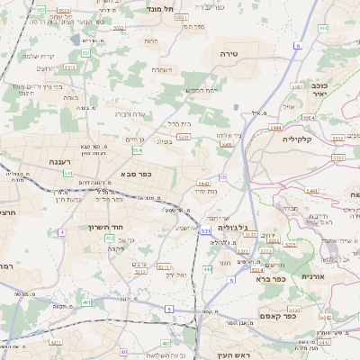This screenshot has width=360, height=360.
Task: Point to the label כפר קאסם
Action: click(278, 316)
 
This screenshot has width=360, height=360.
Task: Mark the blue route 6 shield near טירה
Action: click(297, 44)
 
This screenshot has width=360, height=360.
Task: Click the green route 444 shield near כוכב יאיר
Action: click(311, 118)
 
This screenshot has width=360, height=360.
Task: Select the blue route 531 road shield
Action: click(206, 231)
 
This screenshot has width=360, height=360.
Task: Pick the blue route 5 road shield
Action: click(167, 309)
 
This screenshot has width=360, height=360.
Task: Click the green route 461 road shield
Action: click(86, 302)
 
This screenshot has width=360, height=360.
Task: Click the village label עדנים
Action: click(139, 263)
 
